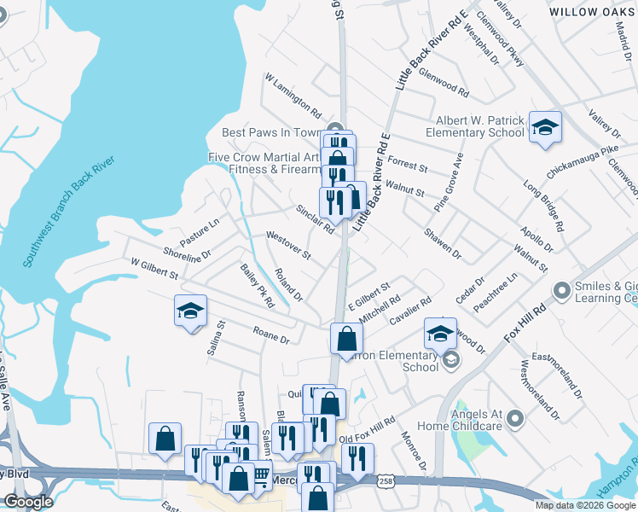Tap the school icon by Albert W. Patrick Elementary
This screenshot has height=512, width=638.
coord(545,128)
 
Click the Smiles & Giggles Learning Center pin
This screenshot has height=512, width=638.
coord(561,292)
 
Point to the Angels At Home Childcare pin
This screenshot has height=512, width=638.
coord(513,418)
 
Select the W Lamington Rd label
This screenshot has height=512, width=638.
coord(293,95)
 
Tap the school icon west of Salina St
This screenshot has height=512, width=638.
coord(191,311)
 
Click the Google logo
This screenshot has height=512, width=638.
coord(29,502)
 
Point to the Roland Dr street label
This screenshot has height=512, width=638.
coord(289,285)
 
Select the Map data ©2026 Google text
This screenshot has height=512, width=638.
coord(584,505)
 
